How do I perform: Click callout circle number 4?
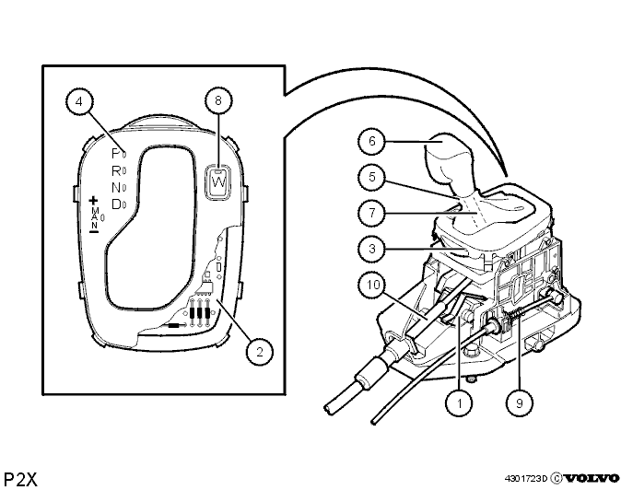tap(79, 101)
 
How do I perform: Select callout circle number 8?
tap(218, 100)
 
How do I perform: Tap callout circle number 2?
tap(260, 352)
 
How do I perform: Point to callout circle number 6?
tap(371, 141)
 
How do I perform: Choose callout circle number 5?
tap(371, 177)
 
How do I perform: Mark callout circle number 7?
tap(371, 213)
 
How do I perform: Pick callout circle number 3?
tap(371, 249)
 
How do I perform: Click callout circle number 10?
tap(373, 285)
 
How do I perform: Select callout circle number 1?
tap(459, 402)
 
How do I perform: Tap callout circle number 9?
tap(520, 402)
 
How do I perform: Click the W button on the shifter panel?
tap(218, 181)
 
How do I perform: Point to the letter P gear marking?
tap(115, 153)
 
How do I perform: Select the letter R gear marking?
tap(116, 170)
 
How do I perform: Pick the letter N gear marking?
tap(116, 187)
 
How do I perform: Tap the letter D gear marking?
tap(116, 204)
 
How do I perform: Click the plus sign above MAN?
tap(94, 200)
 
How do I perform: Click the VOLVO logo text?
tap(591, 479)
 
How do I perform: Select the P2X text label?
tap(20, 479)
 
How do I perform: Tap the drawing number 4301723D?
tap(526, 479)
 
